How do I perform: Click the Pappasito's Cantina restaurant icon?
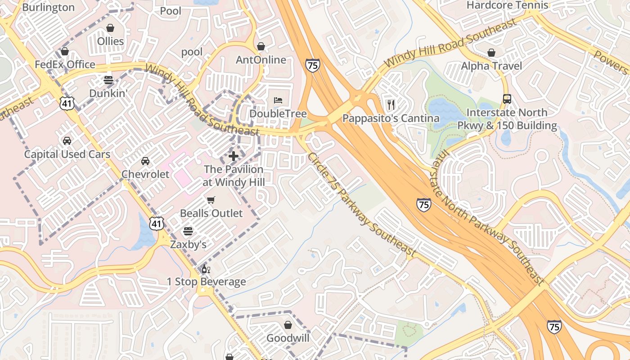pos(391,105)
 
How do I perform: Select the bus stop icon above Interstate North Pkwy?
pos(507,99)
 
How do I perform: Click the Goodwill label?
pos(288,338)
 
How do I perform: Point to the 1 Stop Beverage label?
pos(206,282)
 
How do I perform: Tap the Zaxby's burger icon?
pos(188,231)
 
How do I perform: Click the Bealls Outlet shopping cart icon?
pos(211,200)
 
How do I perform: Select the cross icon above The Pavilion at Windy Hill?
pos(234,156)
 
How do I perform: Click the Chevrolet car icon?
pos(145,161)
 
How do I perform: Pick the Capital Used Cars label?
pos(67,154)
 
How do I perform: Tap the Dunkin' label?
pos(108,93)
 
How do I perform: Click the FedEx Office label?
pos(65,64)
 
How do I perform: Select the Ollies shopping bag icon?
pos(110,28)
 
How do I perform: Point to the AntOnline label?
pos(261,60)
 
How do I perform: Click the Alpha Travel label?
pos(491,66)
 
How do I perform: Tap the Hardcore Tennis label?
pos(507,5)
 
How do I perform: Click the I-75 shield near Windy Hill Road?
pos(312,65)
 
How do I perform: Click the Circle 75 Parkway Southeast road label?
pos(360,205)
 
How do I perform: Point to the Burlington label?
pos(48,7)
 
